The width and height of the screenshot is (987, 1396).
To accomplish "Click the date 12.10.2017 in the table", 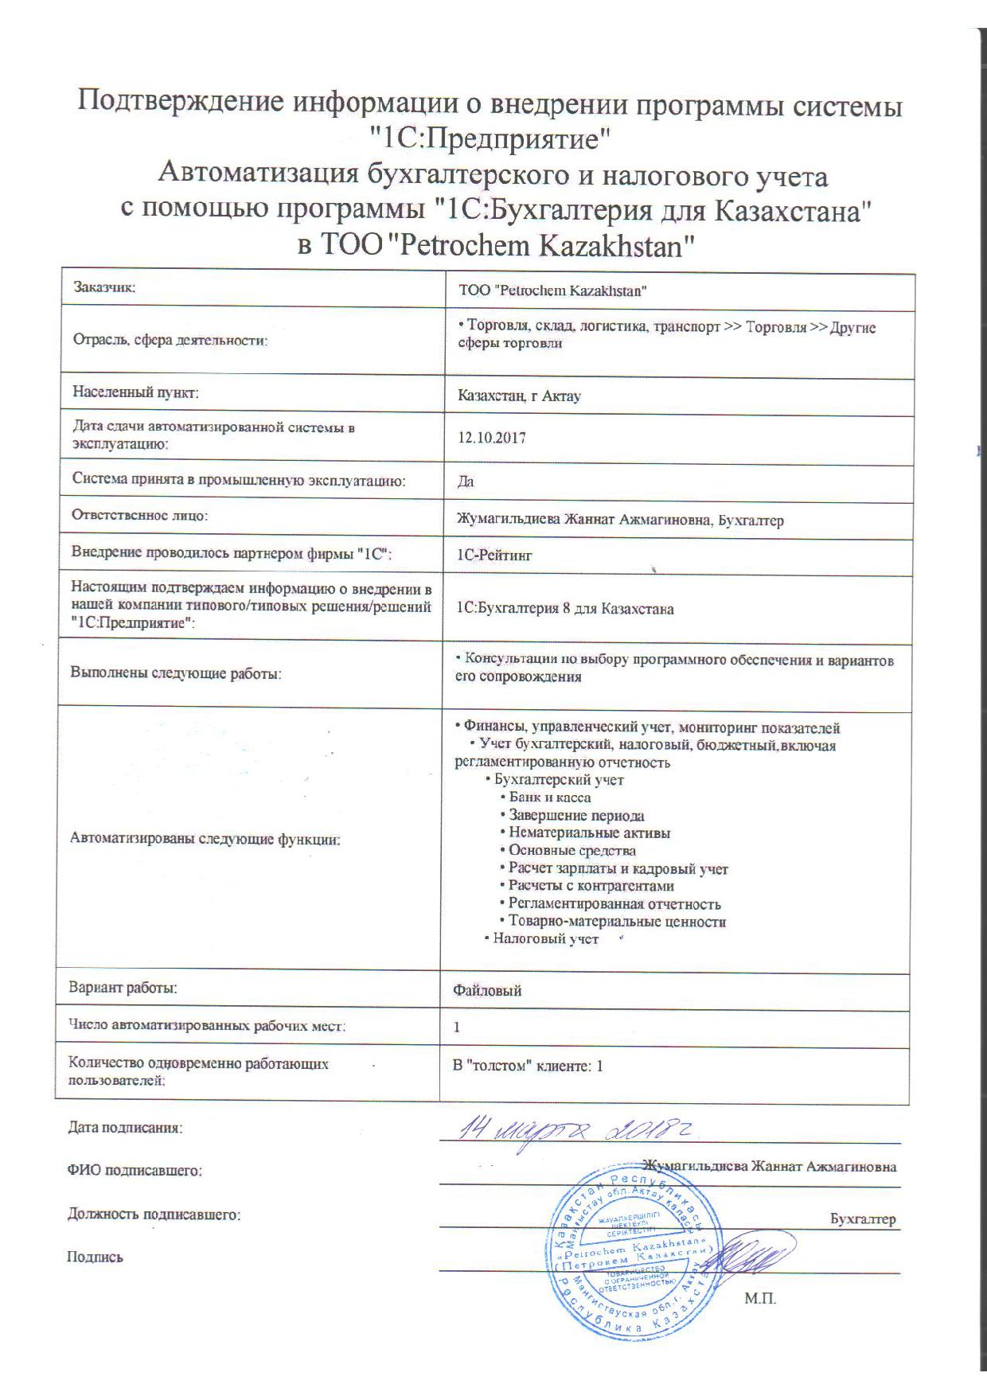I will pyautogui.click(x=491, y=438).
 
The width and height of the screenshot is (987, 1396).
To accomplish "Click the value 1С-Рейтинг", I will pyautogui.click(x=494, y=556).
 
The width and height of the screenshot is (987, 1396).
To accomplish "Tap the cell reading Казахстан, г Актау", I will pyautogui.click(x=519, y=396).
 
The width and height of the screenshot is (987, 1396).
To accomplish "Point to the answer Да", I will pyautogui.click(x=466, y=482).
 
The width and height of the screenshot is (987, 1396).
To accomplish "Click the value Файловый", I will pyautogui.click(x=487, y=991).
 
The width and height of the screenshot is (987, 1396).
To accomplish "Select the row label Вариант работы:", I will pyautogui.click(x=123, y=988).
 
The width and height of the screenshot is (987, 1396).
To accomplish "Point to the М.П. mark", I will pyautogui.click(x=760, y=1300).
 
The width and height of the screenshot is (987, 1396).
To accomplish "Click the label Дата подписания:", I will pyautogui.click(x=126, y=1128).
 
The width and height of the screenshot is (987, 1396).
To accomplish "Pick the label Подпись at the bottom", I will pyautogui.click(x=95, y=1258).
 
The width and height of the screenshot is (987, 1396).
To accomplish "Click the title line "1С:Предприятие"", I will pyautogui.click(x=493, y=140).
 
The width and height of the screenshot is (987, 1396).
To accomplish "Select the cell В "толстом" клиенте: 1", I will pyautogui.click(x=528, y=1065).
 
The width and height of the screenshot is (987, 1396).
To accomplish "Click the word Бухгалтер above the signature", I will pyautogui.click(x=863, y=1219).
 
